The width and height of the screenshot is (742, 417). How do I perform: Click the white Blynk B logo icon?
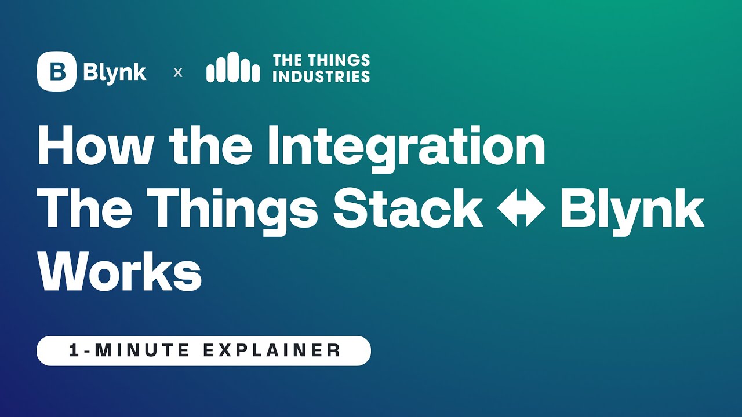[56, 71]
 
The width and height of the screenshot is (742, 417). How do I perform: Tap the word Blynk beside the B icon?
[115, 72]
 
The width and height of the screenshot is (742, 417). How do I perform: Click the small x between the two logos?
[178, 72]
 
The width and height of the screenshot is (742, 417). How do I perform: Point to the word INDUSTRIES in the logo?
[321, 76]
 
